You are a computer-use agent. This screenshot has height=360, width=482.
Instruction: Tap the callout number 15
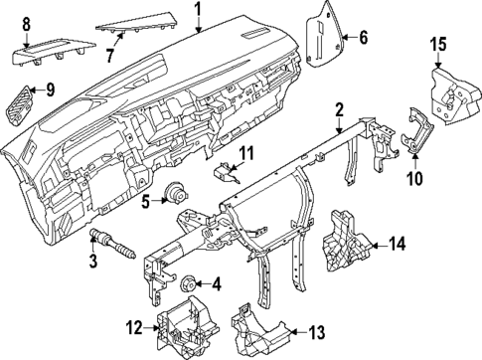click(x=438, y=44)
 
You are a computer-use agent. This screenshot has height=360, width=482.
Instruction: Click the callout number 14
click(x=399, y=243)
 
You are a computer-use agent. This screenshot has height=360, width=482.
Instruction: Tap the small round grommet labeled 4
click(x=190, y=280)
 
